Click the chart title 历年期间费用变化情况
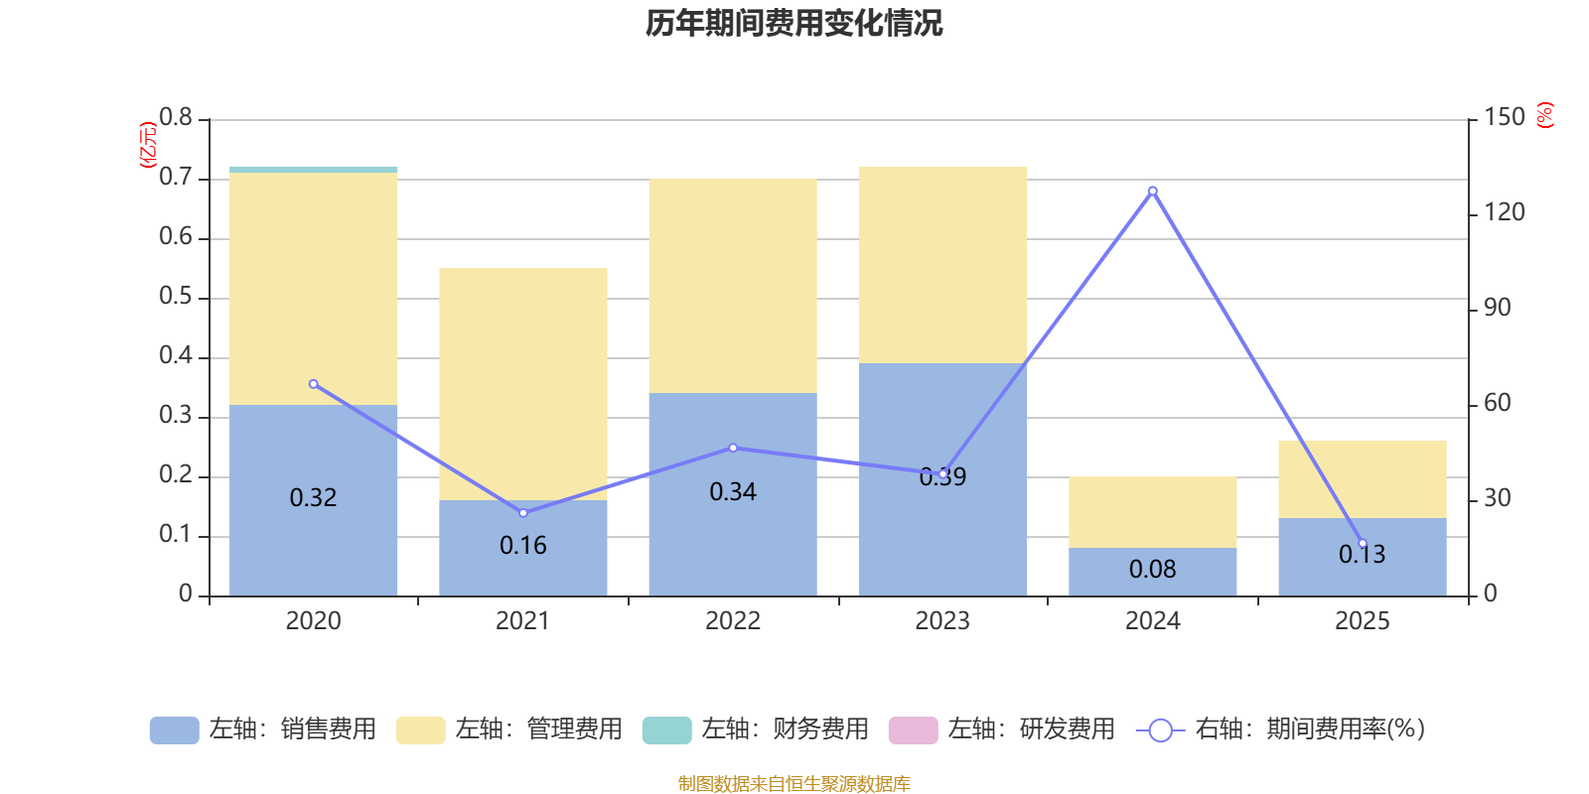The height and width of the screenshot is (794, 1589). coord(794,23)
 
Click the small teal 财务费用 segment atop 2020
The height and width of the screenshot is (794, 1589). coord(314,170)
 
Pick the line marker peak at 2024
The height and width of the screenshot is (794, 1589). coord(1152,191)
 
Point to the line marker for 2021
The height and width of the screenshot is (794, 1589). coord(523,513)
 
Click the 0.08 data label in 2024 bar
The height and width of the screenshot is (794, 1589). coord(1152,570)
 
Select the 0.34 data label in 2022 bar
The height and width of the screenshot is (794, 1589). coord(733,492)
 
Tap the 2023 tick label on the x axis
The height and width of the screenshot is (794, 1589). coord(942,621)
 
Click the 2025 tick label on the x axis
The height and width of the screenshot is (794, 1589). coord(1362,621)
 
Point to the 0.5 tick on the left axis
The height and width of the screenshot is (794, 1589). coord(176,297)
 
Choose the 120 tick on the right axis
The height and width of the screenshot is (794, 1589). coord(1504,212)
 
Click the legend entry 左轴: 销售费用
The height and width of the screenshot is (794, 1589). coord(263,729)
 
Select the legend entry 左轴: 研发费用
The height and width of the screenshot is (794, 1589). coord(1002,729)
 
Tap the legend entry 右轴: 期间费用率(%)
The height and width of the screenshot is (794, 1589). coord(1281,729)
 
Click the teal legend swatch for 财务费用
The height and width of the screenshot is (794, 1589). coord(666,729)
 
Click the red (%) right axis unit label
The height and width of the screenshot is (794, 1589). coord(1545,115)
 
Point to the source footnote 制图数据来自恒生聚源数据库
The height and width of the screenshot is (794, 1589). coord(794,784)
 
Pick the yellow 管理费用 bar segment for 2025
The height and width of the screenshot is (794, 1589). coord(1362,479)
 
